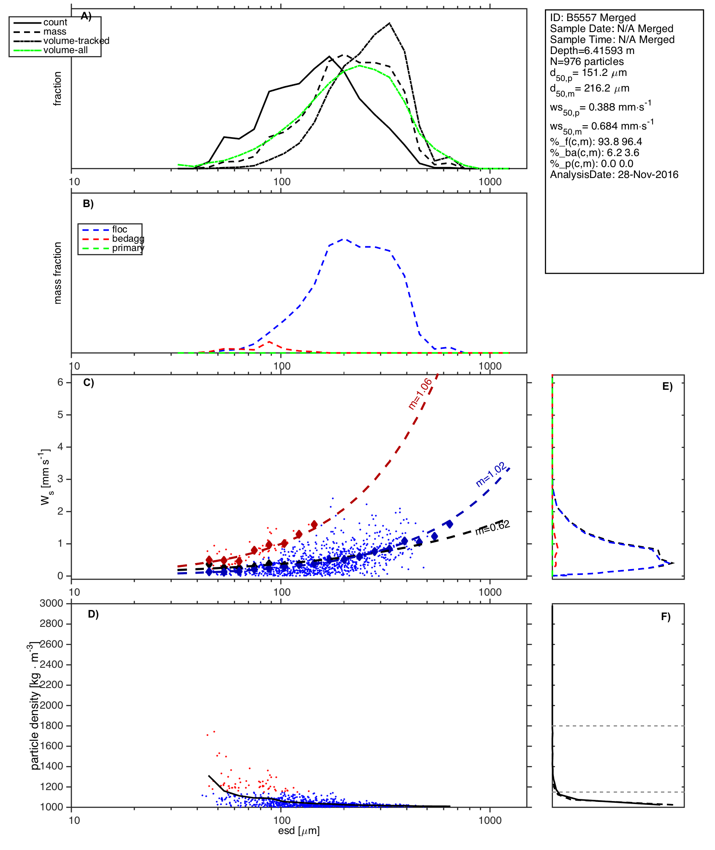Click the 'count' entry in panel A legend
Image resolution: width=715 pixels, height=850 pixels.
coord(55,22)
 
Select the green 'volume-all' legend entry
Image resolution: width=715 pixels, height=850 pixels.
coord(65,50)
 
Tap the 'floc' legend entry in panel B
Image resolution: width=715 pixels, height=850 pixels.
coord(119,229)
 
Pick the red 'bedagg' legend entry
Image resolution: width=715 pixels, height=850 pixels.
coord(128,239)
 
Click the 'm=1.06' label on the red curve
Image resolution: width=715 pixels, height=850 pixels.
coord(420,394)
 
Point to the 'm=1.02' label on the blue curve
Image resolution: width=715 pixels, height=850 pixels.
coord(491,475)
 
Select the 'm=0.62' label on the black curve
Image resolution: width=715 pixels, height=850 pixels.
coord(493,527)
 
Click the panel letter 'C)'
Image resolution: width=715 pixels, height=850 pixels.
coord(89,383)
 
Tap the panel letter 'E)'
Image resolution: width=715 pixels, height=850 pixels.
coord(667,386)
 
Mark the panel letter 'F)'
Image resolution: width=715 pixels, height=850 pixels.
coord(666,617)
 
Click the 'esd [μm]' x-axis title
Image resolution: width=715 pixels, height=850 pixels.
coord(299,831)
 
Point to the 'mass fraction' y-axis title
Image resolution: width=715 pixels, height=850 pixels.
coord(58,273)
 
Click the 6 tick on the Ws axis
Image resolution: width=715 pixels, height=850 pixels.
coord(61,382)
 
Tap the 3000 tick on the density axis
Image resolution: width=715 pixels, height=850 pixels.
coord(51,603)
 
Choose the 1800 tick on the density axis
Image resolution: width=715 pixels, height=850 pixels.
coord(51,726)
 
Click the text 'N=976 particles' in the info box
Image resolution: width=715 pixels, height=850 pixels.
coord(587,62)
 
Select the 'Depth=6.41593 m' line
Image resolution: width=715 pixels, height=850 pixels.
coord(592,51)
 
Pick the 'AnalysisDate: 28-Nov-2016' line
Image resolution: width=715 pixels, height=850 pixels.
coord(614,175)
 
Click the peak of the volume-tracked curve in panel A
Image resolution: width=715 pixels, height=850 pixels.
coord(389,23)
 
